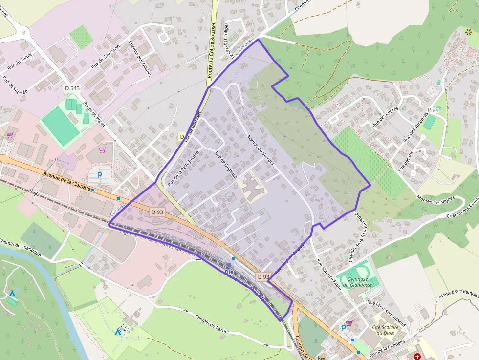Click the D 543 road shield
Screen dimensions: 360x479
[71, 88]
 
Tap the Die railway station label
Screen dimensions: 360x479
[229, 272]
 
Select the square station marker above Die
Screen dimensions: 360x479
[229, 265]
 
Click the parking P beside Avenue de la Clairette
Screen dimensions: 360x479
[100, 175]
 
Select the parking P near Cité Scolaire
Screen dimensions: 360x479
[344, 328]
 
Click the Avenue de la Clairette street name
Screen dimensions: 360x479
[67, 181]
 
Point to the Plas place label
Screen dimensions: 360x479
[433, 110]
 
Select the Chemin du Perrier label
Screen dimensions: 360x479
[212, 325]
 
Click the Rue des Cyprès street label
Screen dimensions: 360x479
[386, 117]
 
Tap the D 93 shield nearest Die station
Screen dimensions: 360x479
[263, 277]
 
